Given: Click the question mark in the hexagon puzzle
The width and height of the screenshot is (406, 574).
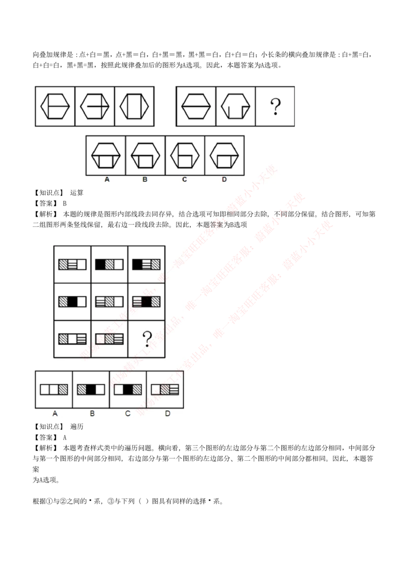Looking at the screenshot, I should pyautogui.click(x=275, y=107).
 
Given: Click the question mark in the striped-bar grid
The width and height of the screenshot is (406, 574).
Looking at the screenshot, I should pyautogui.click(x=147, y=338).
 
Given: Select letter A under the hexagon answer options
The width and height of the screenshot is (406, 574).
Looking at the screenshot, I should pyautogui.click(x=107, y=180).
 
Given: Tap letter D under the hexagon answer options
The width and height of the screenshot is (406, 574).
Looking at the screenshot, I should pyautogui.click(x=224, y=180).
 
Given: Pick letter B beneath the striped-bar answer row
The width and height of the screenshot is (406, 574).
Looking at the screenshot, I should pyautogui.click(x=92, y=414).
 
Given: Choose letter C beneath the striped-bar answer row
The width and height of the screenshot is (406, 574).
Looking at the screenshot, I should pyautogui.click(x=127, y=414).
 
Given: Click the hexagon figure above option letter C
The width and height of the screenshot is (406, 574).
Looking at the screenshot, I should pyautogui.click(x=185, y=155).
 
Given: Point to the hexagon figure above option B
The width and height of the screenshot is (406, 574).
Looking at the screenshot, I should pyautogui.click(x=145, y=155).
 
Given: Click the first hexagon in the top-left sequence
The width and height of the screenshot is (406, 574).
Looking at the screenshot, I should pyautogui.click(x=55, y=107).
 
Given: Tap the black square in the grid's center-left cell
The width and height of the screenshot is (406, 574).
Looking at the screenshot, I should pyautogui.click(x=73, y=301).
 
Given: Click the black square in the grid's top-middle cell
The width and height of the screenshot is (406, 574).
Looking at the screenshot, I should pyautogui.click(x=100, y=264).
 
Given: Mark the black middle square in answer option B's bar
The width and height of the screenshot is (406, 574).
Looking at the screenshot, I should pyautogui.click(x=91, y=389).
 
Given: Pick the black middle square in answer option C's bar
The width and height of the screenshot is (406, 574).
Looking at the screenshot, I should pyautogui.click(x=128, y=389).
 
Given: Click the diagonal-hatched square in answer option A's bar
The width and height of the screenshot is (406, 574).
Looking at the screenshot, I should pyautogui.click(x=63, y=389).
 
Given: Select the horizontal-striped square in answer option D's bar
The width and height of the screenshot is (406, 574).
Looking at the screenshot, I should pyautogui.click(x=174, y=389).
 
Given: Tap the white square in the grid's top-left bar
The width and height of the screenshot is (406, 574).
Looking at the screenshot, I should pyautogui.click(x=82, y=264).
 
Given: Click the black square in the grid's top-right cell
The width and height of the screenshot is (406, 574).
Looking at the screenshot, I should pyautogui.click(x=137, y=264).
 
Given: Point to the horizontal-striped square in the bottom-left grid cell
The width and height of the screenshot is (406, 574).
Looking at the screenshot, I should pyautogui.click(x=82, y=339).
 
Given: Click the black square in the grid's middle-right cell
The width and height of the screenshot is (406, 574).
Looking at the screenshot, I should pyautogui.click(x=146, y=301).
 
